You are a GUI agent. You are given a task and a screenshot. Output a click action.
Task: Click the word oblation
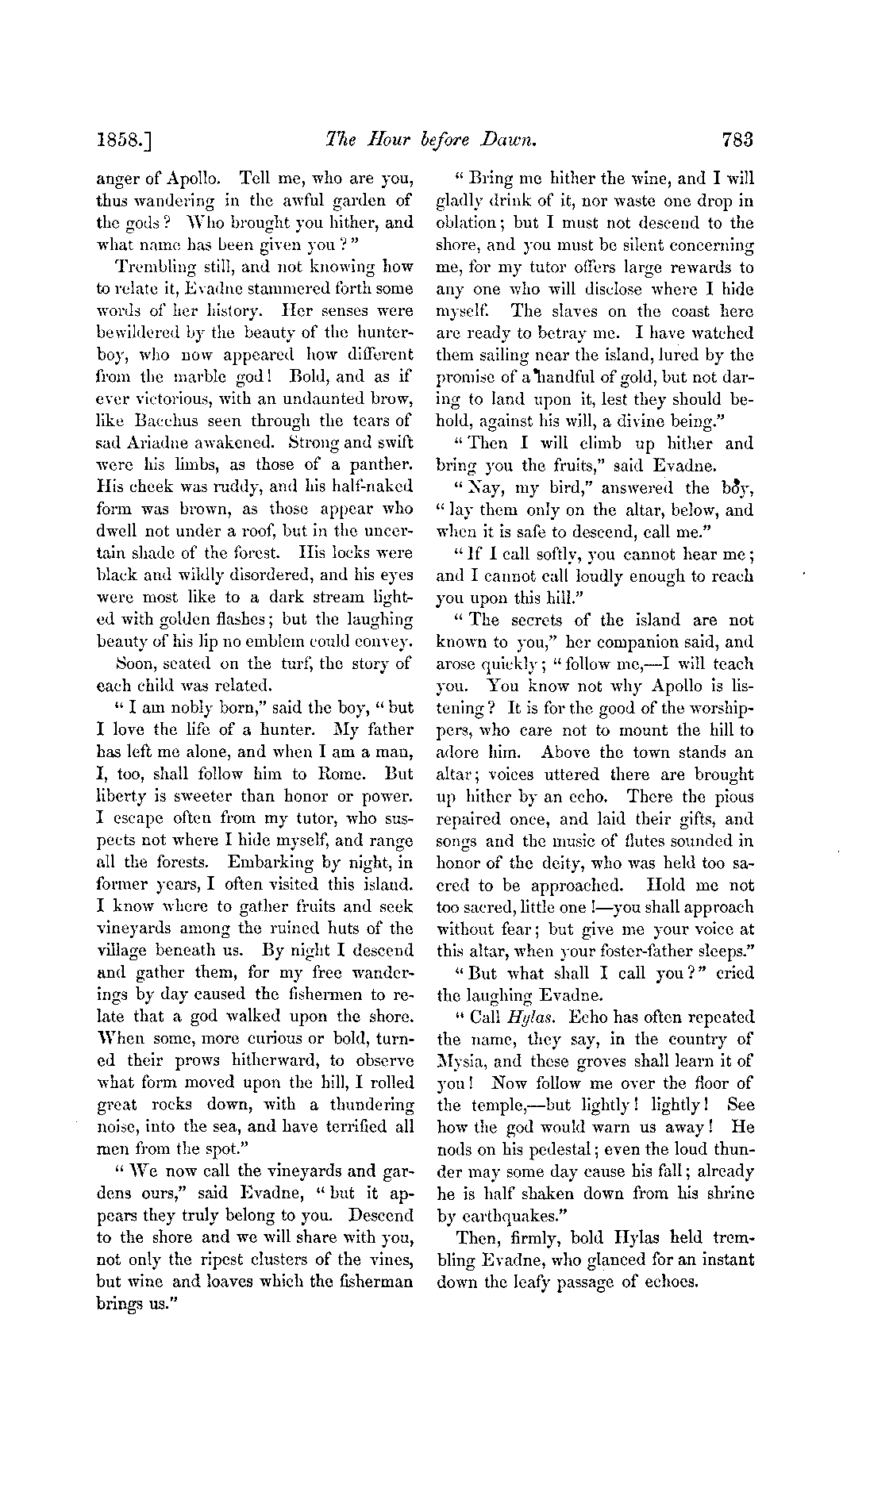pos(466,224)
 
